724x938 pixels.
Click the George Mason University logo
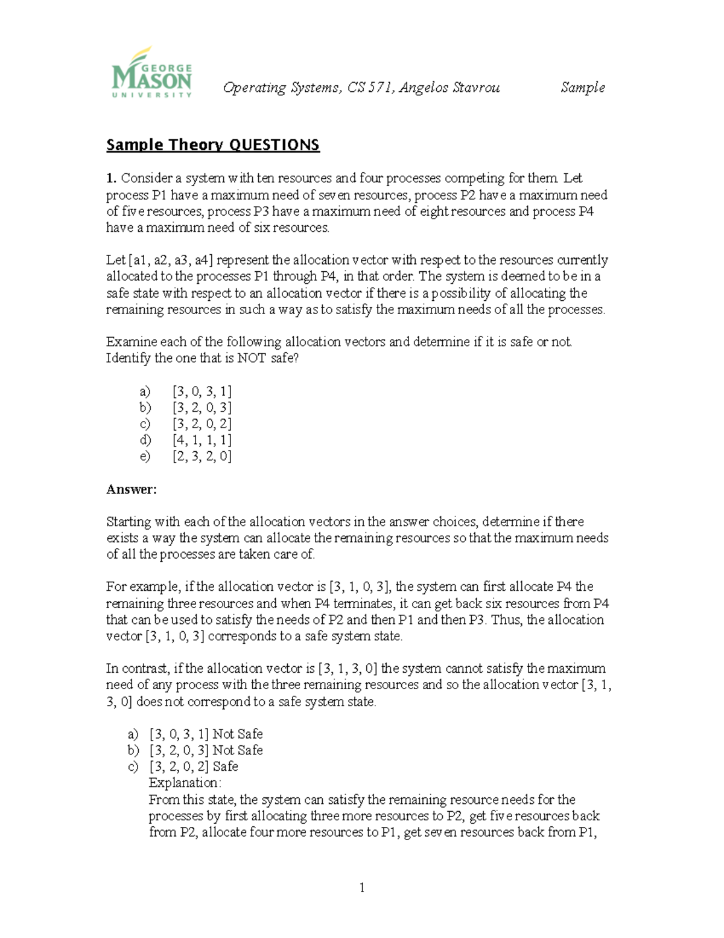point(151,72)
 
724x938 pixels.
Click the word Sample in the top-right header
point(582,88)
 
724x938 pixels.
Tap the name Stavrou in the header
point(475,88)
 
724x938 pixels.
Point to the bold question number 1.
point(110,178)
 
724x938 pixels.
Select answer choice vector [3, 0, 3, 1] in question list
point(202,391)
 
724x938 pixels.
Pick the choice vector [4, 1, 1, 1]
point(202,440)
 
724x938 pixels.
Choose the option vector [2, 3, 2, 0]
point(202,457)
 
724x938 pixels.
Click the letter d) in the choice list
point(145,440)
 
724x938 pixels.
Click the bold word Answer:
point(131,489)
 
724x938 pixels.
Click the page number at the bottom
point(362,887)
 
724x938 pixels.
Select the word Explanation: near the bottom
point(185,783)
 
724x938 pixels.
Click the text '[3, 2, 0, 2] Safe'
point(193,766)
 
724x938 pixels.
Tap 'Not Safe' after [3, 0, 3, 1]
point(238,734)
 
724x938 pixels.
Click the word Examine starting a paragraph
point(131,342)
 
